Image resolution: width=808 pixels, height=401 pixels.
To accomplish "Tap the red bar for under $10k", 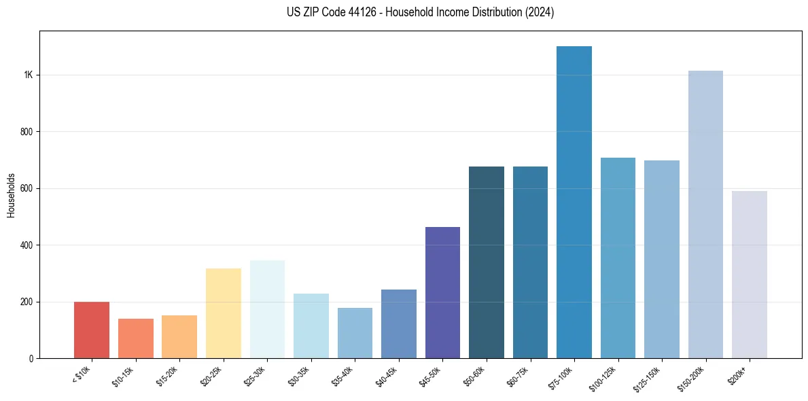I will [92, 330].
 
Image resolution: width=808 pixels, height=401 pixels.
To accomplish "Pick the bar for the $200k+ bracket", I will [750, 275].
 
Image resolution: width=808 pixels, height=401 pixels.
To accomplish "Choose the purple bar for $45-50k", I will [442, 293].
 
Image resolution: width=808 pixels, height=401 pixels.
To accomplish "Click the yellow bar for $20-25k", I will [224, 313].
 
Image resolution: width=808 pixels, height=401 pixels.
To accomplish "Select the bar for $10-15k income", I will [136, 338].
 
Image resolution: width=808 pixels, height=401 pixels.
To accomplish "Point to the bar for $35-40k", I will [355, 333].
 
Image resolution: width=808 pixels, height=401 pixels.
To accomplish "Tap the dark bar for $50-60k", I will [487, 262].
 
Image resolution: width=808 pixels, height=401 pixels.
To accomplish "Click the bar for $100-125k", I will [618, 258].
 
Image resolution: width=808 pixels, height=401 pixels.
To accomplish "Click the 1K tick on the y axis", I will [29, 75].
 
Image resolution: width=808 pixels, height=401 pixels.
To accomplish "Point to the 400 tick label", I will [27, 245].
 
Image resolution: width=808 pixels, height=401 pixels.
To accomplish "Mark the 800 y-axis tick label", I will [27, 131].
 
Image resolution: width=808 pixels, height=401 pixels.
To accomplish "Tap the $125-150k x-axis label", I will [648, 377].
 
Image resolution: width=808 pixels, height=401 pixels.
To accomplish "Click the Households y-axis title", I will [12, 194].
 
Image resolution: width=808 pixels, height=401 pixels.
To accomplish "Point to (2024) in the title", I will [540, 12].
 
